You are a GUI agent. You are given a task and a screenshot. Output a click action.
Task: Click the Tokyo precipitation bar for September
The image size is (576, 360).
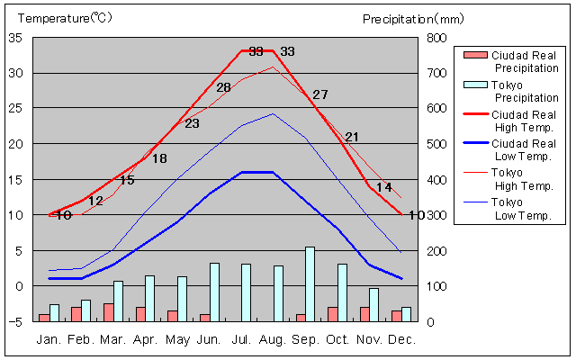[x=310, y=283]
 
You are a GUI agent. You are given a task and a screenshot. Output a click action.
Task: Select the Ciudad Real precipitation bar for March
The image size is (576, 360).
[x=108, y=311]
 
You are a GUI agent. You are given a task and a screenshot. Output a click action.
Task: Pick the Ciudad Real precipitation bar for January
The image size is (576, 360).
[x=44, y=317]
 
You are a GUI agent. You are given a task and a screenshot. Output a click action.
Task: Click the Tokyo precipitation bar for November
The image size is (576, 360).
[x=373, y=304]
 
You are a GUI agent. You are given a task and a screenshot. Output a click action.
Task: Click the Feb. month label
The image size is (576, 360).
[x=82, y=339]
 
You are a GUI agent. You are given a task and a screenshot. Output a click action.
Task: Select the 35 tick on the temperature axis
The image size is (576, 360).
[x=16, y=38]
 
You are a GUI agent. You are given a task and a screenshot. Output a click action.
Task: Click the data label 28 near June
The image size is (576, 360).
[x=223, y=87]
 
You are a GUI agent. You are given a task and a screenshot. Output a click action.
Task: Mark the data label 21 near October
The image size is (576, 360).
[x=352, y=137]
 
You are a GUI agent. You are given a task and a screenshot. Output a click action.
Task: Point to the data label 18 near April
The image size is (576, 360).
[x=159, y=158]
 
